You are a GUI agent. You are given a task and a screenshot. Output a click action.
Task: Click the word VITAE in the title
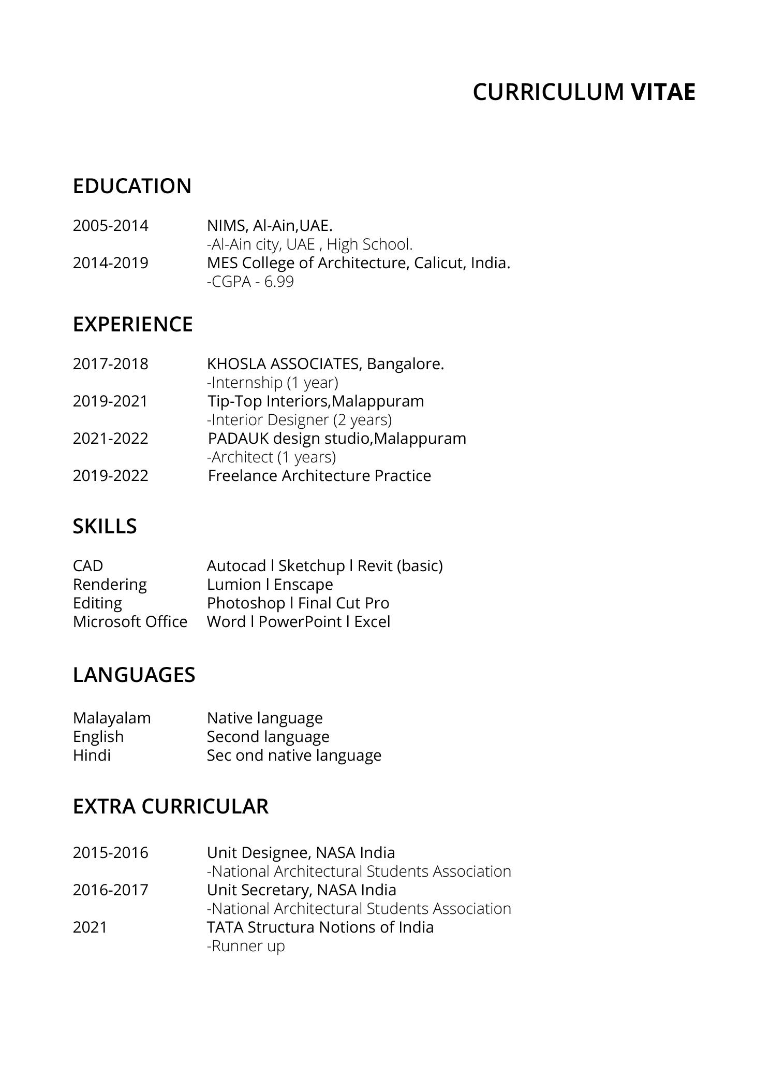[x=663, y=92]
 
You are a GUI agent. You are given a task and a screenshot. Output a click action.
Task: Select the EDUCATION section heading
[x=132, y=186]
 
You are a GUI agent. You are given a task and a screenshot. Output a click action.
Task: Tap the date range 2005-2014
[x=110, y=226]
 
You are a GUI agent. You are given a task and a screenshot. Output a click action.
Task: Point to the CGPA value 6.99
[x=279, y=282]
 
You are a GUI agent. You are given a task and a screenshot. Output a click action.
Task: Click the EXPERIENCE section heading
[x=132, y=324]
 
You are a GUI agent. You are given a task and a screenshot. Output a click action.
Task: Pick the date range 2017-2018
[x=110, y=364]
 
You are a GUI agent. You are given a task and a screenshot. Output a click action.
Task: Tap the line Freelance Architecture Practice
[x=319, y=476]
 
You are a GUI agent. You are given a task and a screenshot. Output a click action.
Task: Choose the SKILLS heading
[x=105, y=526]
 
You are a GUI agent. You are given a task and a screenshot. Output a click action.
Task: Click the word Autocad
[x=236, y=566]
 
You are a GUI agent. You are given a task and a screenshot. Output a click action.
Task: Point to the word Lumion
[x=234, y=585]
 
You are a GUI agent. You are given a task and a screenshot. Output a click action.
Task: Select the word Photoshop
[x=246, y=603]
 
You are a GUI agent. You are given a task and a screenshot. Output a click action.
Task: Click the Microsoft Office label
[x=130, y=622]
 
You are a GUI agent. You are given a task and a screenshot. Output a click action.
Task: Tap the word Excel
[x=372, y=622]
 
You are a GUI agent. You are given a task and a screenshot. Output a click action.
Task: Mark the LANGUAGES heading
[x=134, y=675]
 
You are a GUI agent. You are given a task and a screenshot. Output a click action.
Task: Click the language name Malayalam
[x=112, y=718]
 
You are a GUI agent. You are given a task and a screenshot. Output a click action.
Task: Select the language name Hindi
[x=92, y=755]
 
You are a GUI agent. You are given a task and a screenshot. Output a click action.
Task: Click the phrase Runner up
[x=246, y=946]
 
